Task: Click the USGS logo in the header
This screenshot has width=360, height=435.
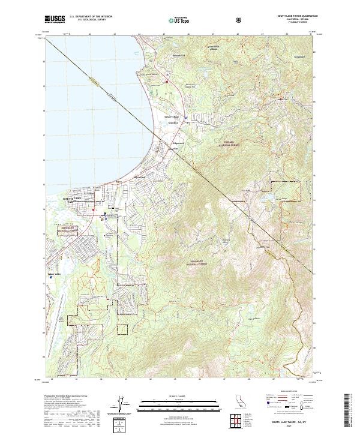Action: coord(55,20)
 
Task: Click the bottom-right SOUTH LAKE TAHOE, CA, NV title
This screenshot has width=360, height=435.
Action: coord(290,422)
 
